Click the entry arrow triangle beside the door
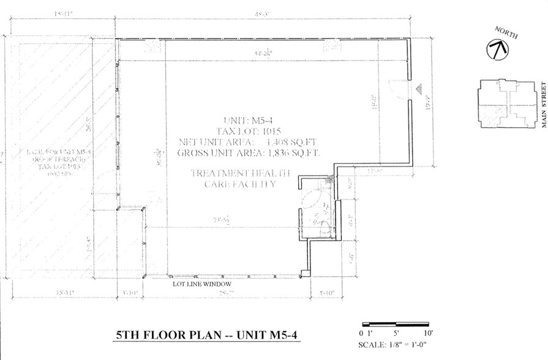click(419, 89)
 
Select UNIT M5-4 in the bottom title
click(261, 336)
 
